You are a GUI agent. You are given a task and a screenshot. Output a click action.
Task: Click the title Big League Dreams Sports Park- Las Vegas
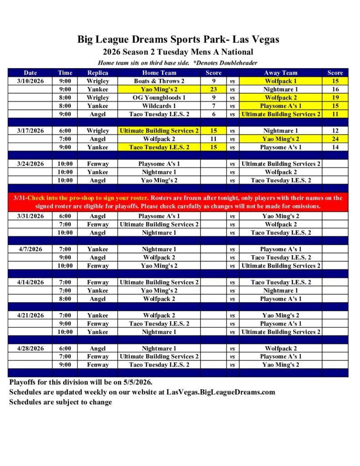pyautogui.click(x=178, y=40)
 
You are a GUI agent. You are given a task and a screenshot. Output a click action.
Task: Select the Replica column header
pyautogui.click(x=97, y=73)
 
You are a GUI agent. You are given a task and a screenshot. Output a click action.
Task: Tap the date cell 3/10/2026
pyautogui.click(x=30, y=81)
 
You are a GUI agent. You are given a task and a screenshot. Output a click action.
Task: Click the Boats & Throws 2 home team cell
pyautogui.click(x=159, y=81)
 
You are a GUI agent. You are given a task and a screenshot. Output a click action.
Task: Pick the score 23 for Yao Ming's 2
pyautogui.click(x=213, y=90)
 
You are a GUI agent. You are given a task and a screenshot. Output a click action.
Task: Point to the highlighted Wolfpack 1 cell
pyautogui.click(x=280, y=81)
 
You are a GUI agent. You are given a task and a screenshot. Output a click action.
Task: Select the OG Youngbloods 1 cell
pyautogui.click(x=159, y=98)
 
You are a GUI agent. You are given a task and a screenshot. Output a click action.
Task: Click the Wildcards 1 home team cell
pyautogui.click(x=159, y=106)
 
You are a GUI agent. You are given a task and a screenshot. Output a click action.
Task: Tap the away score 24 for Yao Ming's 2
pyautogui.click(x=335, y=139)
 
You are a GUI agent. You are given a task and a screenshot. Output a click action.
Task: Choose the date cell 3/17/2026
pyautogui.click(x=30, y=131)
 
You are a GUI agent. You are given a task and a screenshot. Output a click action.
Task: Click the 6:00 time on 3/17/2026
pyautogui.click(x=65, y=131)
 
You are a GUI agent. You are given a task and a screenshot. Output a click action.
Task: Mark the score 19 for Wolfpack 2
pyautogui.click(x=335, y=98)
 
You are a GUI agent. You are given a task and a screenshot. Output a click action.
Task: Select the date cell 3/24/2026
pyautogui.click(x=30, y=164)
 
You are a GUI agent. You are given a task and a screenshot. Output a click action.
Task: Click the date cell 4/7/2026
pyautogui.click(x=30, y=249)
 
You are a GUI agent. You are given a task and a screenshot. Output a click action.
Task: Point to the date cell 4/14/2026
pyautogui.click(x=30, y=282)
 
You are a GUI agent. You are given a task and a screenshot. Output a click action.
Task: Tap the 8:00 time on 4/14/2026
pyautogui.click(x=65, y=299)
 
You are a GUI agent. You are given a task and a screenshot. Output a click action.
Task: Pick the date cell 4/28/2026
pyautogui.click(x=30, y=349)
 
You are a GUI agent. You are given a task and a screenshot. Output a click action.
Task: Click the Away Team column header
pyautogui.click(x=280, y=73)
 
